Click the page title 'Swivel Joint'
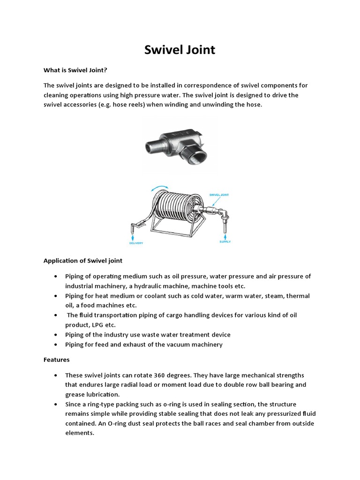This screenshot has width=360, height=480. tap(180, 49)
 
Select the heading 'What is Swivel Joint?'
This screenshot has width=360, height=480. tap(75, 70)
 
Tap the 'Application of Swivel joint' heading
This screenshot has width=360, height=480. tap(83, 260)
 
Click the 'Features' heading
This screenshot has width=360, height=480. tap(56, 360)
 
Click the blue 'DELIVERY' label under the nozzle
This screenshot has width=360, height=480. tap(137, 243)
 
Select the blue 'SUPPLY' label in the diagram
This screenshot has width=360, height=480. tap(225, 242)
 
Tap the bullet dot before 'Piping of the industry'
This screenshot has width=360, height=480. tap(56, 335)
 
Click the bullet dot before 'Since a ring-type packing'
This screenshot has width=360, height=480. tap(56, 405)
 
